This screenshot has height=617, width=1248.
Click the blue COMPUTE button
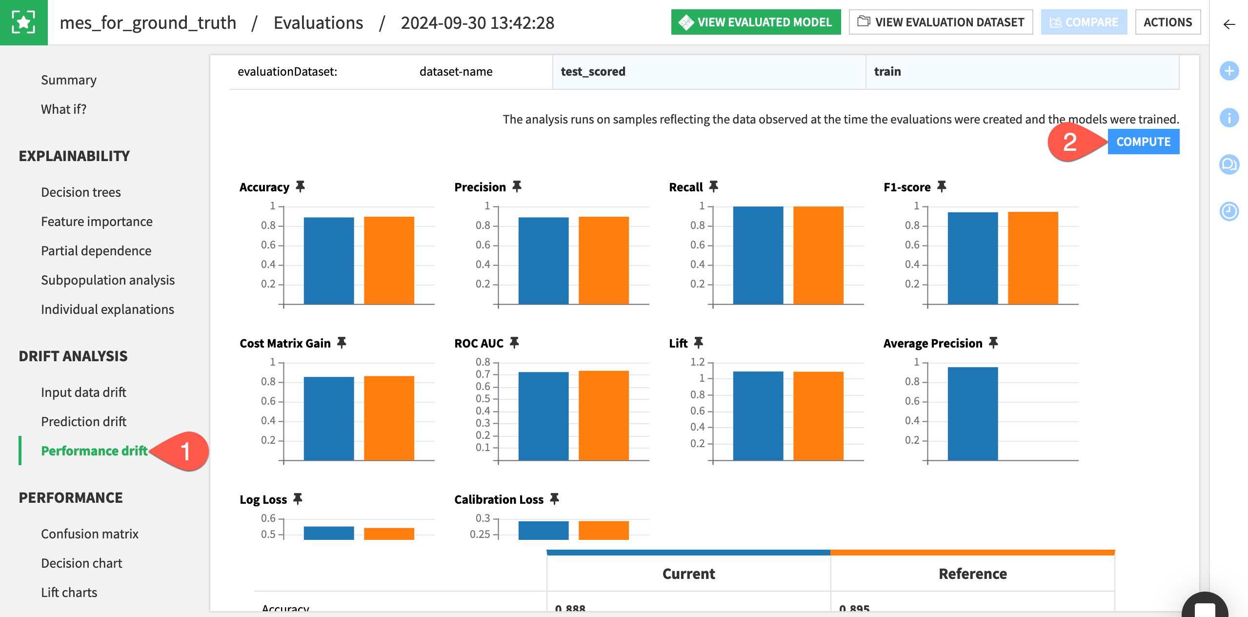[x=1143, y=142]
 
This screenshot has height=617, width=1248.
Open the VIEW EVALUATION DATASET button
[x=941, y=22]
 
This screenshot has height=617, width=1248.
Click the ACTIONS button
[x=1167, y=22]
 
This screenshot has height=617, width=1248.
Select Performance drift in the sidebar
[x=94, y=451]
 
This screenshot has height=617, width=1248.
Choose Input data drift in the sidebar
[x=83, y=392]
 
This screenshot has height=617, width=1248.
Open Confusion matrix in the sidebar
[x=90, y=534]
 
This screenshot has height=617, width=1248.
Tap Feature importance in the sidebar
[x=97, y=221]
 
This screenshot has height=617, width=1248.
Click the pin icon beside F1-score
[x=942, y=186]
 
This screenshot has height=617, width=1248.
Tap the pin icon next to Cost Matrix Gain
[x=342, y=343]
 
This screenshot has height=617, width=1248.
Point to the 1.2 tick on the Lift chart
[x=698, y=362]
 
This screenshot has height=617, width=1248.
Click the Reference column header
[x=972, y=574]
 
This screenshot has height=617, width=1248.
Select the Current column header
[x=688, y=574]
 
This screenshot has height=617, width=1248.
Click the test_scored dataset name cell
[x=593, y=72]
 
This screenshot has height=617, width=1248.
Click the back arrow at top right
[x=1229, y=24]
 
